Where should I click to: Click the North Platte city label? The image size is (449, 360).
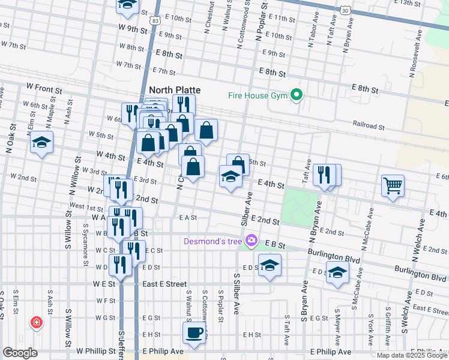174,90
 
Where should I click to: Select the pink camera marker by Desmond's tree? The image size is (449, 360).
252,241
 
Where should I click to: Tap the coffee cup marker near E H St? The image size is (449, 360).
194,333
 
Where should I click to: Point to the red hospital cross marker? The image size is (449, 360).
37,323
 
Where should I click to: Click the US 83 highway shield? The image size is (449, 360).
155,21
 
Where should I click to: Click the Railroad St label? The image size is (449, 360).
367,126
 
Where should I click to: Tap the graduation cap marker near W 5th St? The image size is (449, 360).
41,142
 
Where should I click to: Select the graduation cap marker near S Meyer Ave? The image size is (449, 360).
337,272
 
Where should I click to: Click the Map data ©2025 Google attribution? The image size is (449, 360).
412,355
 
